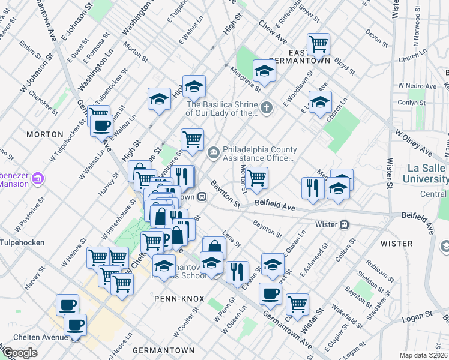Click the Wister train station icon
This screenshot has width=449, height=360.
coord(345,224)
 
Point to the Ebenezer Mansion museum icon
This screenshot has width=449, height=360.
coord(40,178)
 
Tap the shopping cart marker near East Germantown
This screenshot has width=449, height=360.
coord(318,43)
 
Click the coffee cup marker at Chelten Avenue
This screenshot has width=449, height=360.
coord(75,325)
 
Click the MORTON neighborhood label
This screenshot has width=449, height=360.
coord(45,134)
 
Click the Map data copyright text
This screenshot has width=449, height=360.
coord(424,355)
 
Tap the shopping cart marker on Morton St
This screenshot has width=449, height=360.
coord(257,177)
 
